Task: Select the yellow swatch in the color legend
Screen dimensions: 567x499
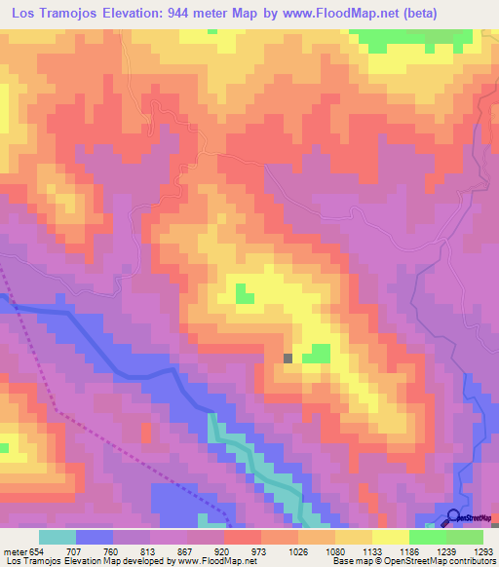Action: pyautogui.click(x=390, y=537)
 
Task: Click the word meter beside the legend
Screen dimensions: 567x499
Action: pyautogui.click(x=15, y=550)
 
